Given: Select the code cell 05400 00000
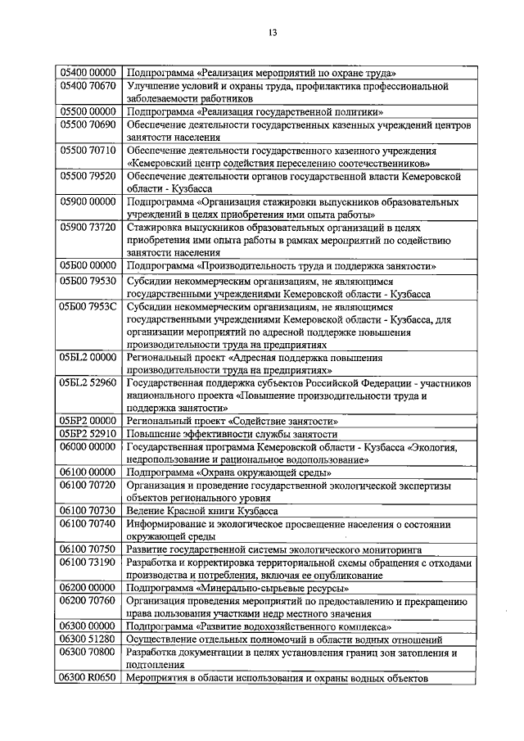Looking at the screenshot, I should tap(88, 72).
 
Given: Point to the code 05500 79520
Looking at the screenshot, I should tap(88, 176).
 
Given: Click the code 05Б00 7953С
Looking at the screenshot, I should tap(88, 306).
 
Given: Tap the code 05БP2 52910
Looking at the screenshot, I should tap(88, 433).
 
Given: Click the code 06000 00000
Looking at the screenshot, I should tap(88, 447).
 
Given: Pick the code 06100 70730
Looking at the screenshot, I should tap(88, 510).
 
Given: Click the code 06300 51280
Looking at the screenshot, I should tap(88, 639).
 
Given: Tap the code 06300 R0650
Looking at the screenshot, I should tap(88, 678).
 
